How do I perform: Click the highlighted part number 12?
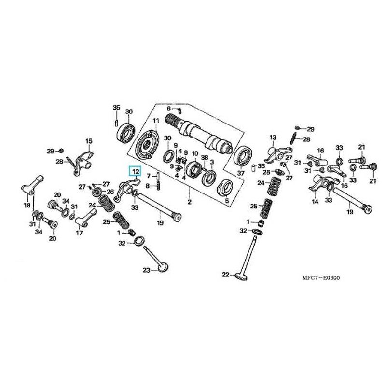(135, 171)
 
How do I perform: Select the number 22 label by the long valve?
(225, 275)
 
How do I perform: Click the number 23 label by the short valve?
(146, 270)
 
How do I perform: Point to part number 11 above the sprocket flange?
(156, 120)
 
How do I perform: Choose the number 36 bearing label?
(128, 112)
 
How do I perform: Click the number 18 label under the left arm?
(27, 206)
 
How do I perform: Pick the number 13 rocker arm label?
(272, 138)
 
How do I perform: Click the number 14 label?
(316, 202)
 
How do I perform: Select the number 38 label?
(205, 158)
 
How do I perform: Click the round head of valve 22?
(240, 277)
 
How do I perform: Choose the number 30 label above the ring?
(167, 138)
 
